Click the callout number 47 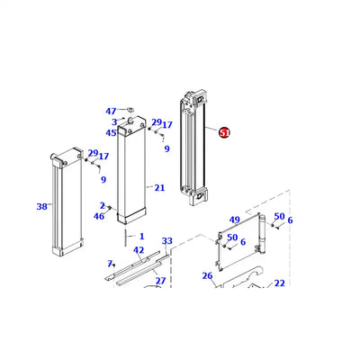click(x=110, y=111)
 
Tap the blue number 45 click(x=110, y=132)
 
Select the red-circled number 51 click(x=224, y=132)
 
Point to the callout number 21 click(x=159, y=188)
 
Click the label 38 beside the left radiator click(x=41, y=207)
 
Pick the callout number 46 click(x=99, y=216)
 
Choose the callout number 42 click(x=139, y=250)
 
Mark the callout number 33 click(x=166, y=241)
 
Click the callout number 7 click(x=109, y=264)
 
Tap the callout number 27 click(x=160, y=281)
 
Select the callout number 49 click(x=234, y=220)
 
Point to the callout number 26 click(x=207, y=275)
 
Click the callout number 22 click(x=279, y=283)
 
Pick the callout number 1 click(x=140, y=236)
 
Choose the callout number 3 click(x=114, y=121)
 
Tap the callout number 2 click(x=103, y=206)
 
